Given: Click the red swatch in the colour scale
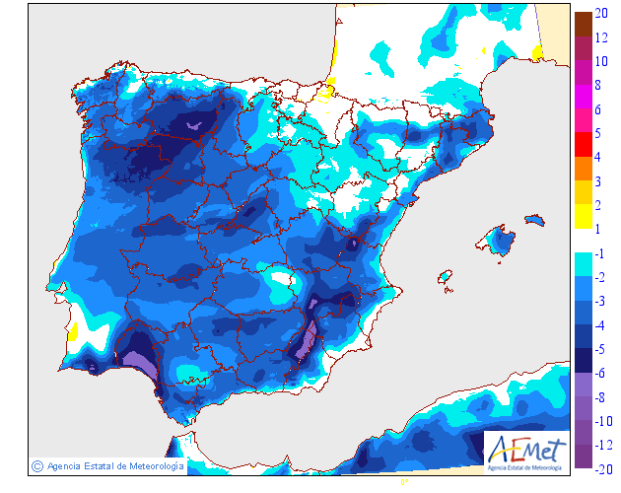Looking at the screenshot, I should (x=583, y=144).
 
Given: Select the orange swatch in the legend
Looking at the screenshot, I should (x=583, y=168).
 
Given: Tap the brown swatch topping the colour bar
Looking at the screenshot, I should (x=583, y=21).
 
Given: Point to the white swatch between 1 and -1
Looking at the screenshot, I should (x=583, y=240).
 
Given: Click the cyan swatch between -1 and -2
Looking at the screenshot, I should (x=583, y=264).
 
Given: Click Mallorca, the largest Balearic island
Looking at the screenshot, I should (x=502, y=240).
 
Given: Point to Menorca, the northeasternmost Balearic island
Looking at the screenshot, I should (x=535, y=218).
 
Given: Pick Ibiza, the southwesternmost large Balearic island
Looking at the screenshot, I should (x=446, y=279).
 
